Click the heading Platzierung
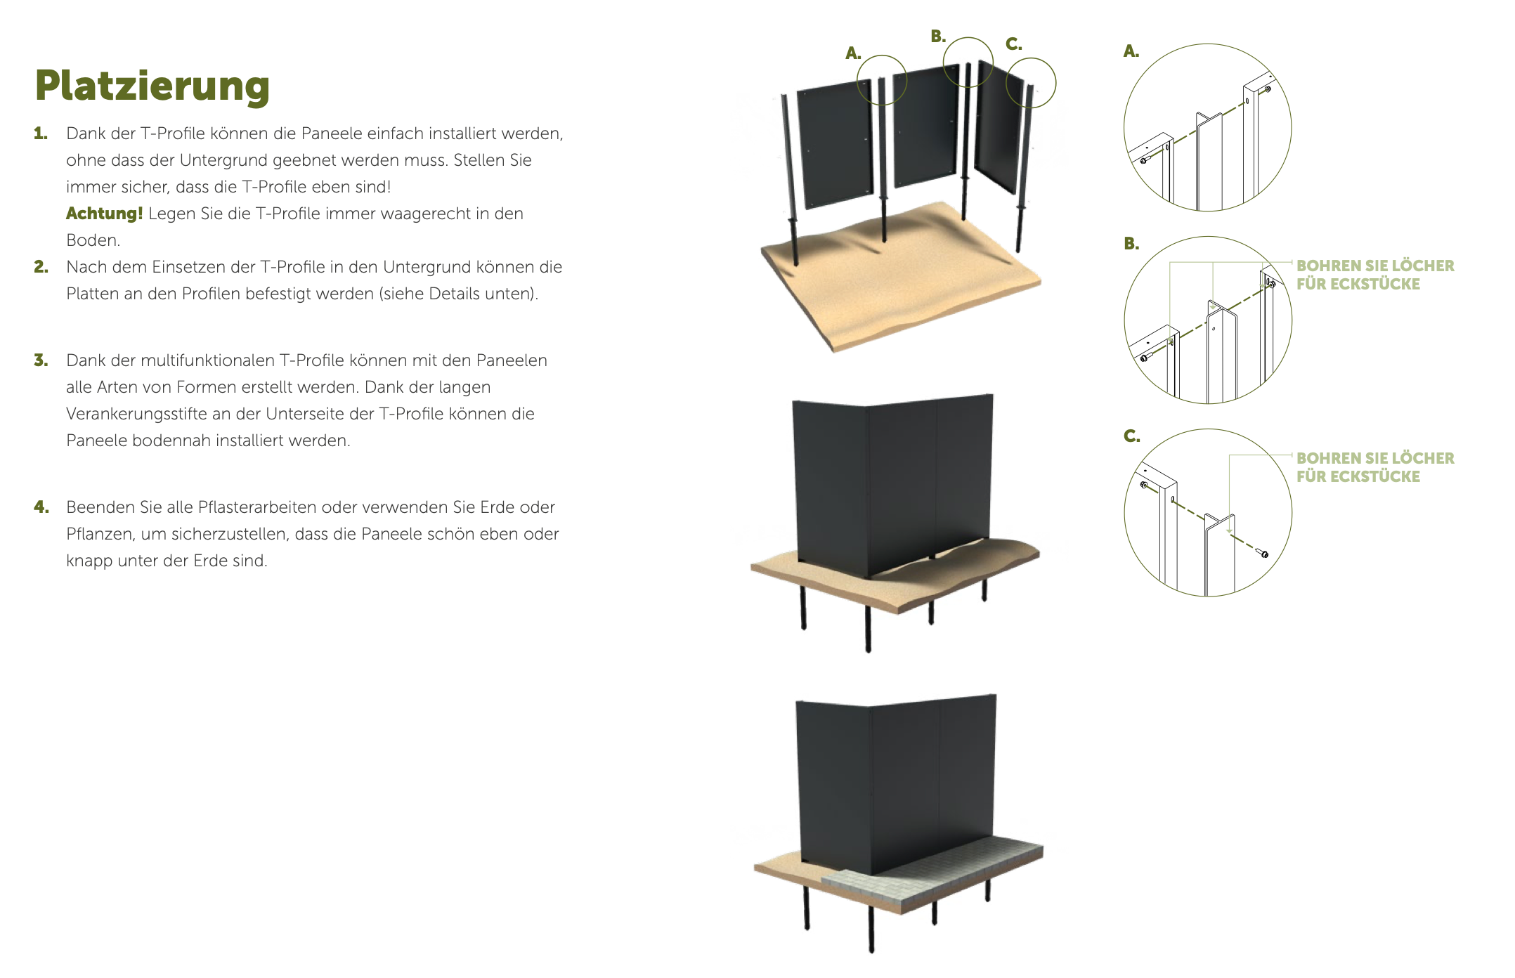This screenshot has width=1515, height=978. click(x=152, y=86)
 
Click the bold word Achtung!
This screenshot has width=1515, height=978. click(x=105, y=214)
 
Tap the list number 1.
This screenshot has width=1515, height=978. click(x=41, y=133)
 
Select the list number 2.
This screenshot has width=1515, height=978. click(x=41, y=267)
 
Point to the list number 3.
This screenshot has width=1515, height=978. click(x=41, y=360)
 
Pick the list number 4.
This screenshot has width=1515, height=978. click(x=41, y=507)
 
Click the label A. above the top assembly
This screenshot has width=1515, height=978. click(x=853, y=53)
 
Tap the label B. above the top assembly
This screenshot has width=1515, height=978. click(x=938, y=37)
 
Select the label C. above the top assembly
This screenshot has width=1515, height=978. click(x=1013, y=44)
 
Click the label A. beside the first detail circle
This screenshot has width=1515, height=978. click(x=1131, y=51)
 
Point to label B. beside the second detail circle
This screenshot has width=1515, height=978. click(x=1131, y=244)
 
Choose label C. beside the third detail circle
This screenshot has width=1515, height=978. click(x=1131, y=436)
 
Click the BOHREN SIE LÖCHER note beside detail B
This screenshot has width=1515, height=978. click(x=1375, y=275)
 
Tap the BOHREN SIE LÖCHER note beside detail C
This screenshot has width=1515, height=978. click(x=1375, y=467)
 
